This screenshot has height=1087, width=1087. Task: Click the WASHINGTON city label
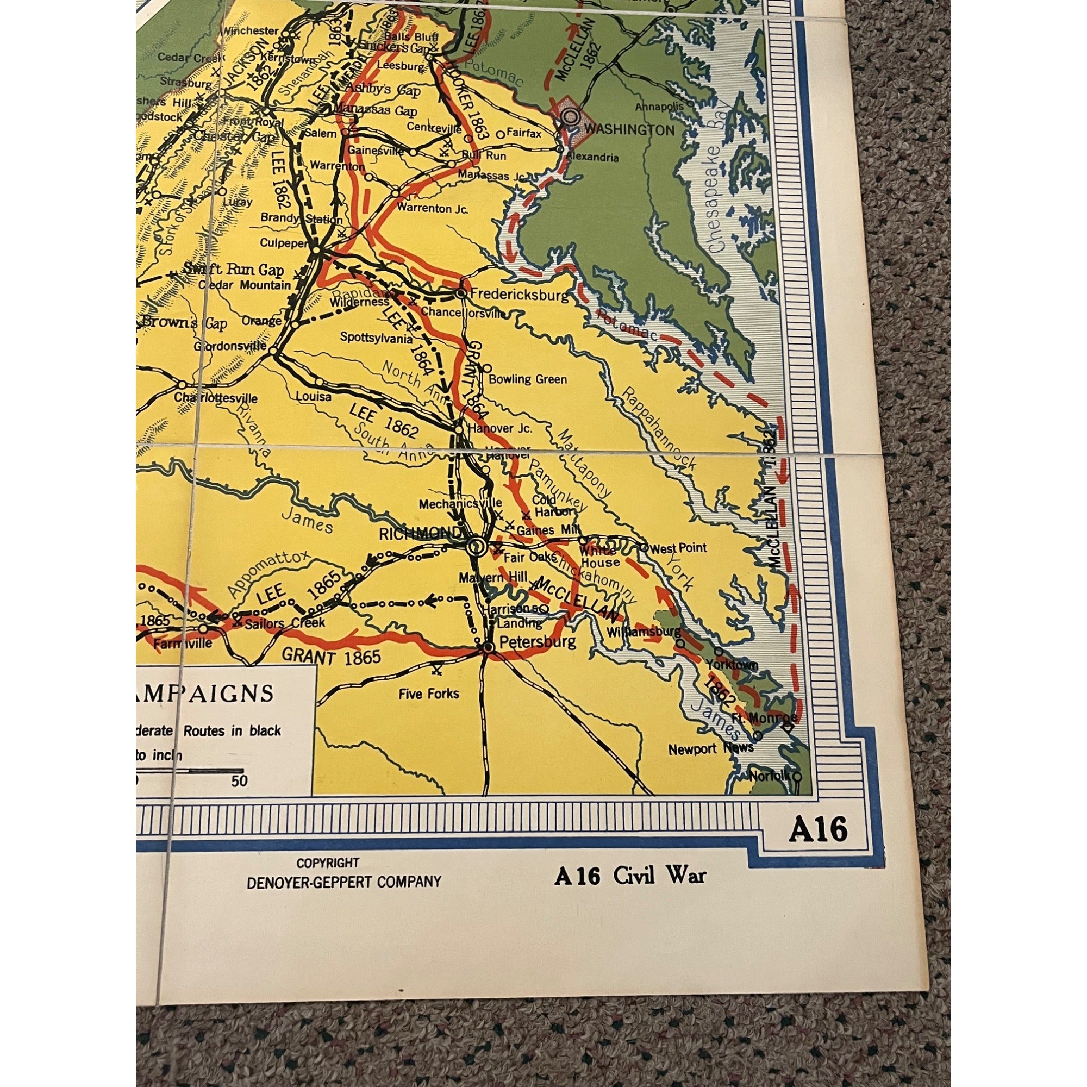click(629, 130)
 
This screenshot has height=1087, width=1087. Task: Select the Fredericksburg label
click(518, 293)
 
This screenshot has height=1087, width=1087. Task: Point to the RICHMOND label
click(420, 533)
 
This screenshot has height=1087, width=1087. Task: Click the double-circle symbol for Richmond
click(477, 545)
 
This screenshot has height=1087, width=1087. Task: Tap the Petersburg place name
click(538, 642)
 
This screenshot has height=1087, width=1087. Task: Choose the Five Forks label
click(429, 694)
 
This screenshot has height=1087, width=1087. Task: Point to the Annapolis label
click(659, 107)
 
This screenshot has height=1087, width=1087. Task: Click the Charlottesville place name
click(216, 398)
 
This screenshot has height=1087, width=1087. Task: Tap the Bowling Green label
click(528, 379)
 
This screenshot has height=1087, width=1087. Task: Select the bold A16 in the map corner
click(817, 830)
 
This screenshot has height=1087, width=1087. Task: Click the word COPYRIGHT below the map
click(328, 863)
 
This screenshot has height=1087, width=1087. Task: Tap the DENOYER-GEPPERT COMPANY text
click(344, 882)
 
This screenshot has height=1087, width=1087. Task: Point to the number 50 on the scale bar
click(239, 782)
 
